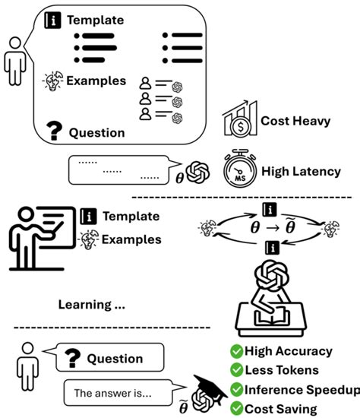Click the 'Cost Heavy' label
(x=295, y=121)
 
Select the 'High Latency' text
(x=301, y=171)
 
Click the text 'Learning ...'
(x=92, y=305)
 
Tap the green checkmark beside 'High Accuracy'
(x=236, y=351)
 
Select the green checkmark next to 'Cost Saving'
(x=236, y=408)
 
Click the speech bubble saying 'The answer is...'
(x=113, y=394)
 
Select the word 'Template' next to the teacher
(x=131, y=216)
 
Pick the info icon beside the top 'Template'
(x=54, y=20)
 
